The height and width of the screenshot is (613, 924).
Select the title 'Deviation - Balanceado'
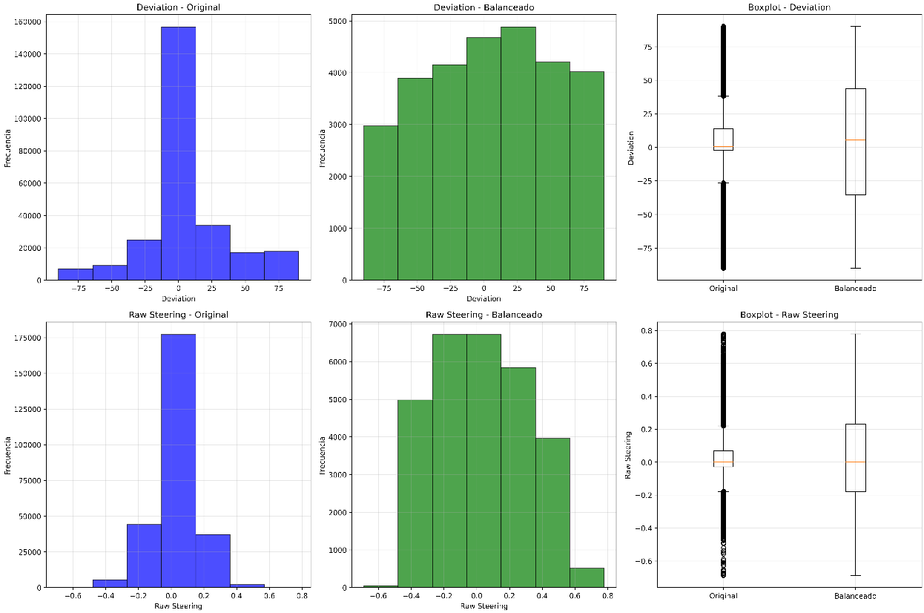pos(484,7)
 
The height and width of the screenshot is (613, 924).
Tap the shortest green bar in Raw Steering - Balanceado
pos(380,586)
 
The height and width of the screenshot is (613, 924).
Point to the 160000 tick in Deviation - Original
pos(30,22)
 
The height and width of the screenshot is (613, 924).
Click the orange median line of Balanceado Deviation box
pos(855,140)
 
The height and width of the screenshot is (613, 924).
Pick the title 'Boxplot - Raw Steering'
pos(789,315)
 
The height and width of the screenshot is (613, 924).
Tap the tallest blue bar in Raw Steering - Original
pos(178,460)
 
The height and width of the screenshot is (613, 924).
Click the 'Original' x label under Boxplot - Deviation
pos(723,289)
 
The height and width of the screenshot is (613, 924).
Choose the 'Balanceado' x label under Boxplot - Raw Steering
pos(855,596)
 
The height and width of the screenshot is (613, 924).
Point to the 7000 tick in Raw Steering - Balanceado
pos(338,324)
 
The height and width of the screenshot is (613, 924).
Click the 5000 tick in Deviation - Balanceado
pos(338,21)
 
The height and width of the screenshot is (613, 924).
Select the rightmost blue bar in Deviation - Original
pos(281,266)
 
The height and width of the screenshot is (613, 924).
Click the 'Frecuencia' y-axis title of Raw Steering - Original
pos(8,454)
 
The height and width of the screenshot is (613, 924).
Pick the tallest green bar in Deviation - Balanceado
pos(518,153)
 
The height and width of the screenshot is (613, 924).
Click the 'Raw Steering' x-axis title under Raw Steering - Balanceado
pos(484,606)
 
